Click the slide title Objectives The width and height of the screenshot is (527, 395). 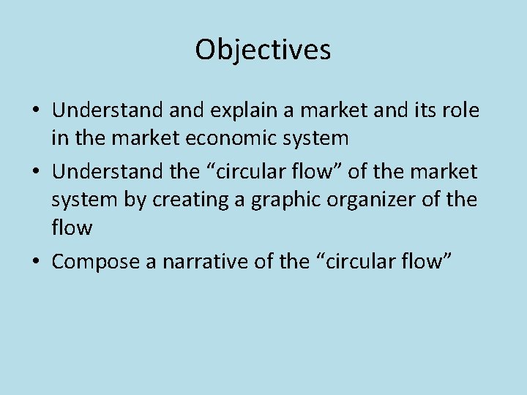point(263,50)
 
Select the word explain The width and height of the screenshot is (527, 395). point(237,110)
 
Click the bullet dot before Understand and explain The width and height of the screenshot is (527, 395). point(35,111)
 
